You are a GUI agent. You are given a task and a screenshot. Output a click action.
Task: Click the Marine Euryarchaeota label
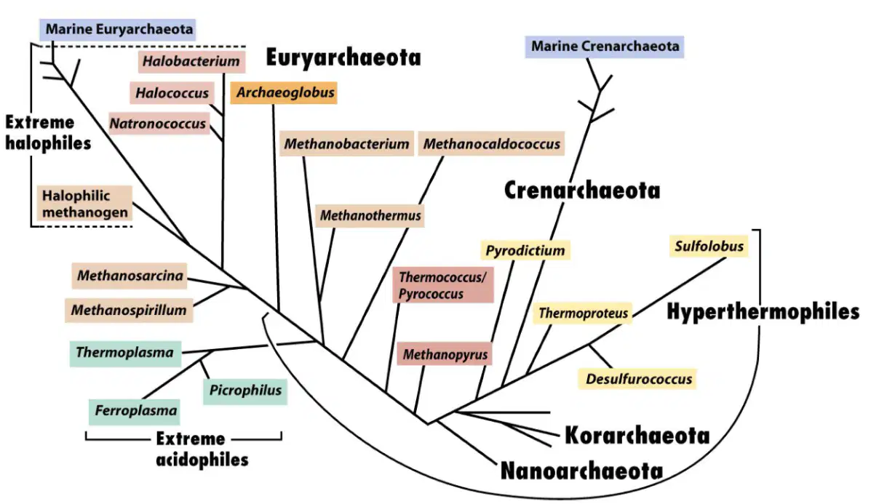pos(119,29)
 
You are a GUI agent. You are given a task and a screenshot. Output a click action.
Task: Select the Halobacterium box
pos(191,61)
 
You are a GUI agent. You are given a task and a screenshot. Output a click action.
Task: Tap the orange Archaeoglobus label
pos(284,92)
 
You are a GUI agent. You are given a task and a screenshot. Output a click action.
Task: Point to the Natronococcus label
pos(159,123)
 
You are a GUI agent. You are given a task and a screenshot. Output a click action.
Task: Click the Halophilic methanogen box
pos(85,204)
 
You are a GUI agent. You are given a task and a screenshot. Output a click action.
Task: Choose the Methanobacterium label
pos(346,144)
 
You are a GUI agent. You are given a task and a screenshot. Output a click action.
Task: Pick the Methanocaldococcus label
pos(492,144)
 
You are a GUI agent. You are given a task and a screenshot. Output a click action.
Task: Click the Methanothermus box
pos(370,215)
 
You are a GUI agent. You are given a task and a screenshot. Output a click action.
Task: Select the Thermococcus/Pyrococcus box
pos(442,285)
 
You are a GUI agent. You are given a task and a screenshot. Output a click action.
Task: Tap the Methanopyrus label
pos(445,354)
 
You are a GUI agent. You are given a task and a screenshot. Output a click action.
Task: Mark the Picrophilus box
pos(245,391)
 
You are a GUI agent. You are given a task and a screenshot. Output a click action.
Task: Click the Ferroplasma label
pos(135,411)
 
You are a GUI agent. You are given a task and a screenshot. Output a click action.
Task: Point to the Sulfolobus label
pos(709,246)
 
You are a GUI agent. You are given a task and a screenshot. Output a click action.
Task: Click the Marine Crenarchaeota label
pos(605,46)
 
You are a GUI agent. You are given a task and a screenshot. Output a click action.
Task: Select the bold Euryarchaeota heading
pos(343,57)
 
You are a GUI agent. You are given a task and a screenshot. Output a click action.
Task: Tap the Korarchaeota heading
pos(637,436)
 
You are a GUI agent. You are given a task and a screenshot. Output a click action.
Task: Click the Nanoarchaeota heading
pos(581,471)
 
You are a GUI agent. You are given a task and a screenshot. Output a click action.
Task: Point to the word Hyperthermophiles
pos(763,312)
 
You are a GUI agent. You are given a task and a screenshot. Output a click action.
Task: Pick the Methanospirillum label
pos(129,311)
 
